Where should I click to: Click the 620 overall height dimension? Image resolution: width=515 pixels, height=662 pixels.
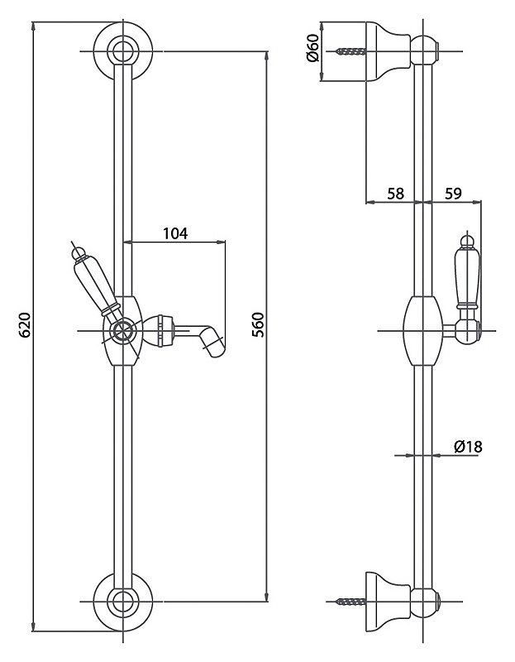[x=26, y=324]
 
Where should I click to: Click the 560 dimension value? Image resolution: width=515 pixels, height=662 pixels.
[x=258, y=324]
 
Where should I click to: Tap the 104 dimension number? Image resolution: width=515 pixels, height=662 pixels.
[x=175, y=233]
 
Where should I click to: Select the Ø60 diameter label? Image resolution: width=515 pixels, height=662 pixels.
[x=313, y=48]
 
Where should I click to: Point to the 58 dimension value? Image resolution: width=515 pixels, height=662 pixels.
[x=396, y=194]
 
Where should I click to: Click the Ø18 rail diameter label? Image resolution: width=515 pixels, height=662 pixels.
[x=468, y=447]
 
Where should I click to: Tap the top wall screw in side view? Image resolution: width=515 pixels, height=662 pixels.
[x=351, y=51]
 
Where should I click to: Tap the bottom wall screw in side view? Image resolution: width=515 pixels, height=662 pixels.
[x=351, y=601]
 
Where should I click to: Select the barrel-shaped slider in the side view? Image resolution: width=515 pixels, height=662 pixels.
[x=423, y=330]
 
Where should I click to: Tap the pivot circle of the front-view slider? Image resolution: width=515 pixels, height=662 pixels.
[x=122, y=331]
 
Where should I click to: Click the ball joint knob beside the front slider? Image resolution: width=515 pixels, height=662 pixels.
[x=158, y=330]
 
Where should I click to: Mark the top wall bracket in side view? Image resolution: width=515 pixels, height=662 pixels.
[x=388, y=50]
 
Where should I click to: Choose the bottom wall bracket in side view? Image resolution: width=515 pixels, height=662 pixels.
[x=388, y=602]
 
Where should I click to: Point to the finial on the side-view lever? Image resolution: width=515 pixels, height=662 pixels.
[x=467, y=239]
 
